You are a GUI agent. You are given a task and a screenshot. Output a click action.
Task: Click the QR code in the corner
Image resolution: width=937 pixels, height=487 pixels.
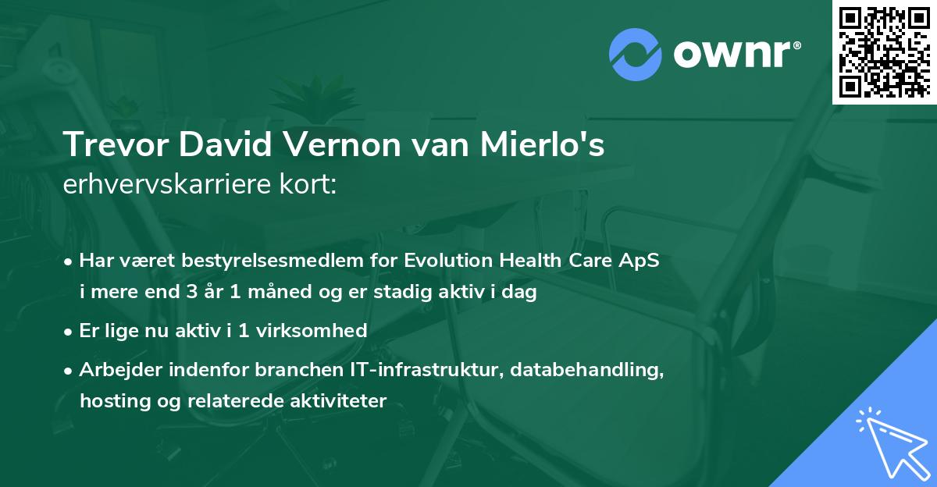click(884, 52)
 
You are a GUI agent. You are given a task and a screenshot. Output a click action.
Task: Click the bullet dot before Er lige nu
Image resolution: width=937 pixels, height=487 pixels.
click(69, 332)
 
